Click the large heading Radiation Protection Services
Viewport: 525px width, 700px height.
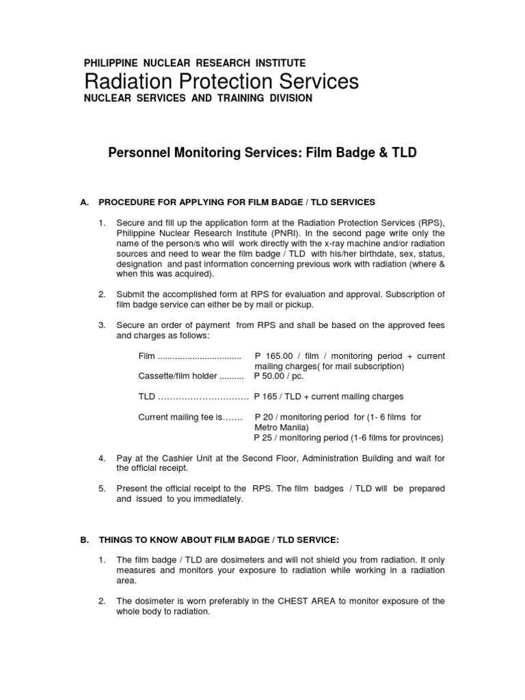point(221,81)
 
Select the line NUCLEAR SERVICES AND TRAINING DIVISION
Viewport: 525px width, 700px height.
point(198,98)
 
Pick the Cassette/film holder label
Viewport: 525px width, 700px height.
point(177,376)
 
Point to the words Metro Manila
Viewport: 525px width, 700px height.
point(280,427)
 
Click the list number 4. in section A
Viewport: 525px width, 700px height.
point(102,458)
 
